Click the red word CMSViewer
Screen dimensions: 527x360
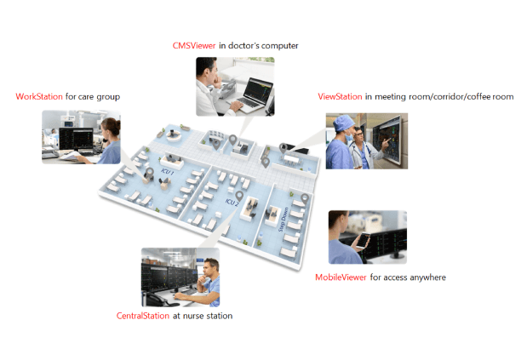(194, 46)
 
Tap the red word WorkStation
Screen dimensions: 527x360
(39, 97)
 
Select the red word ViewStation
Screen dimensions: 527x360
(340, 97)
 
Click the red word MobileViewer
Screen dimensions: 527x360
(341, 277)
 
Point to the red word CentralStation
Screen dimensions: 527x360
(142, 316)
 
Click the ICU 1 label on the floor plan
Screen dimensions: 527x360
(168, 172)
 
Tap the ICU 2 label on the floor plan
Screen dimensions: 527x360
(232, 203)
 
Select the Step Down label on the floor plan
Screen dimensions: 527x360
(284, 220)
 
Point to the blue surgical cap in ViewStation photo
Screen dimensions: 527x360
(344, 123)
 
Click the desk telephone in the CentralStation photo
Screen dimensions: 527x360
(158, 300)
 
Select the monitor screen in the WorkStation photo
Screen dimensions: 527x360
(76, 139)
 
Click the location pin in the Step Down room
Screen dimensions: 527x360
(305, 199)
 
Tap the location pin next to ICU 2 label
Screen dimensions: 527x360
(239, 196)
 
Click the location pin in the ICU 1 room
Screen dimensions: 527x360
(150, 173)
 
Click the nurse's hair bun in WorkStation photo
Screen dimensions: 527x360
(117, 123)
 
